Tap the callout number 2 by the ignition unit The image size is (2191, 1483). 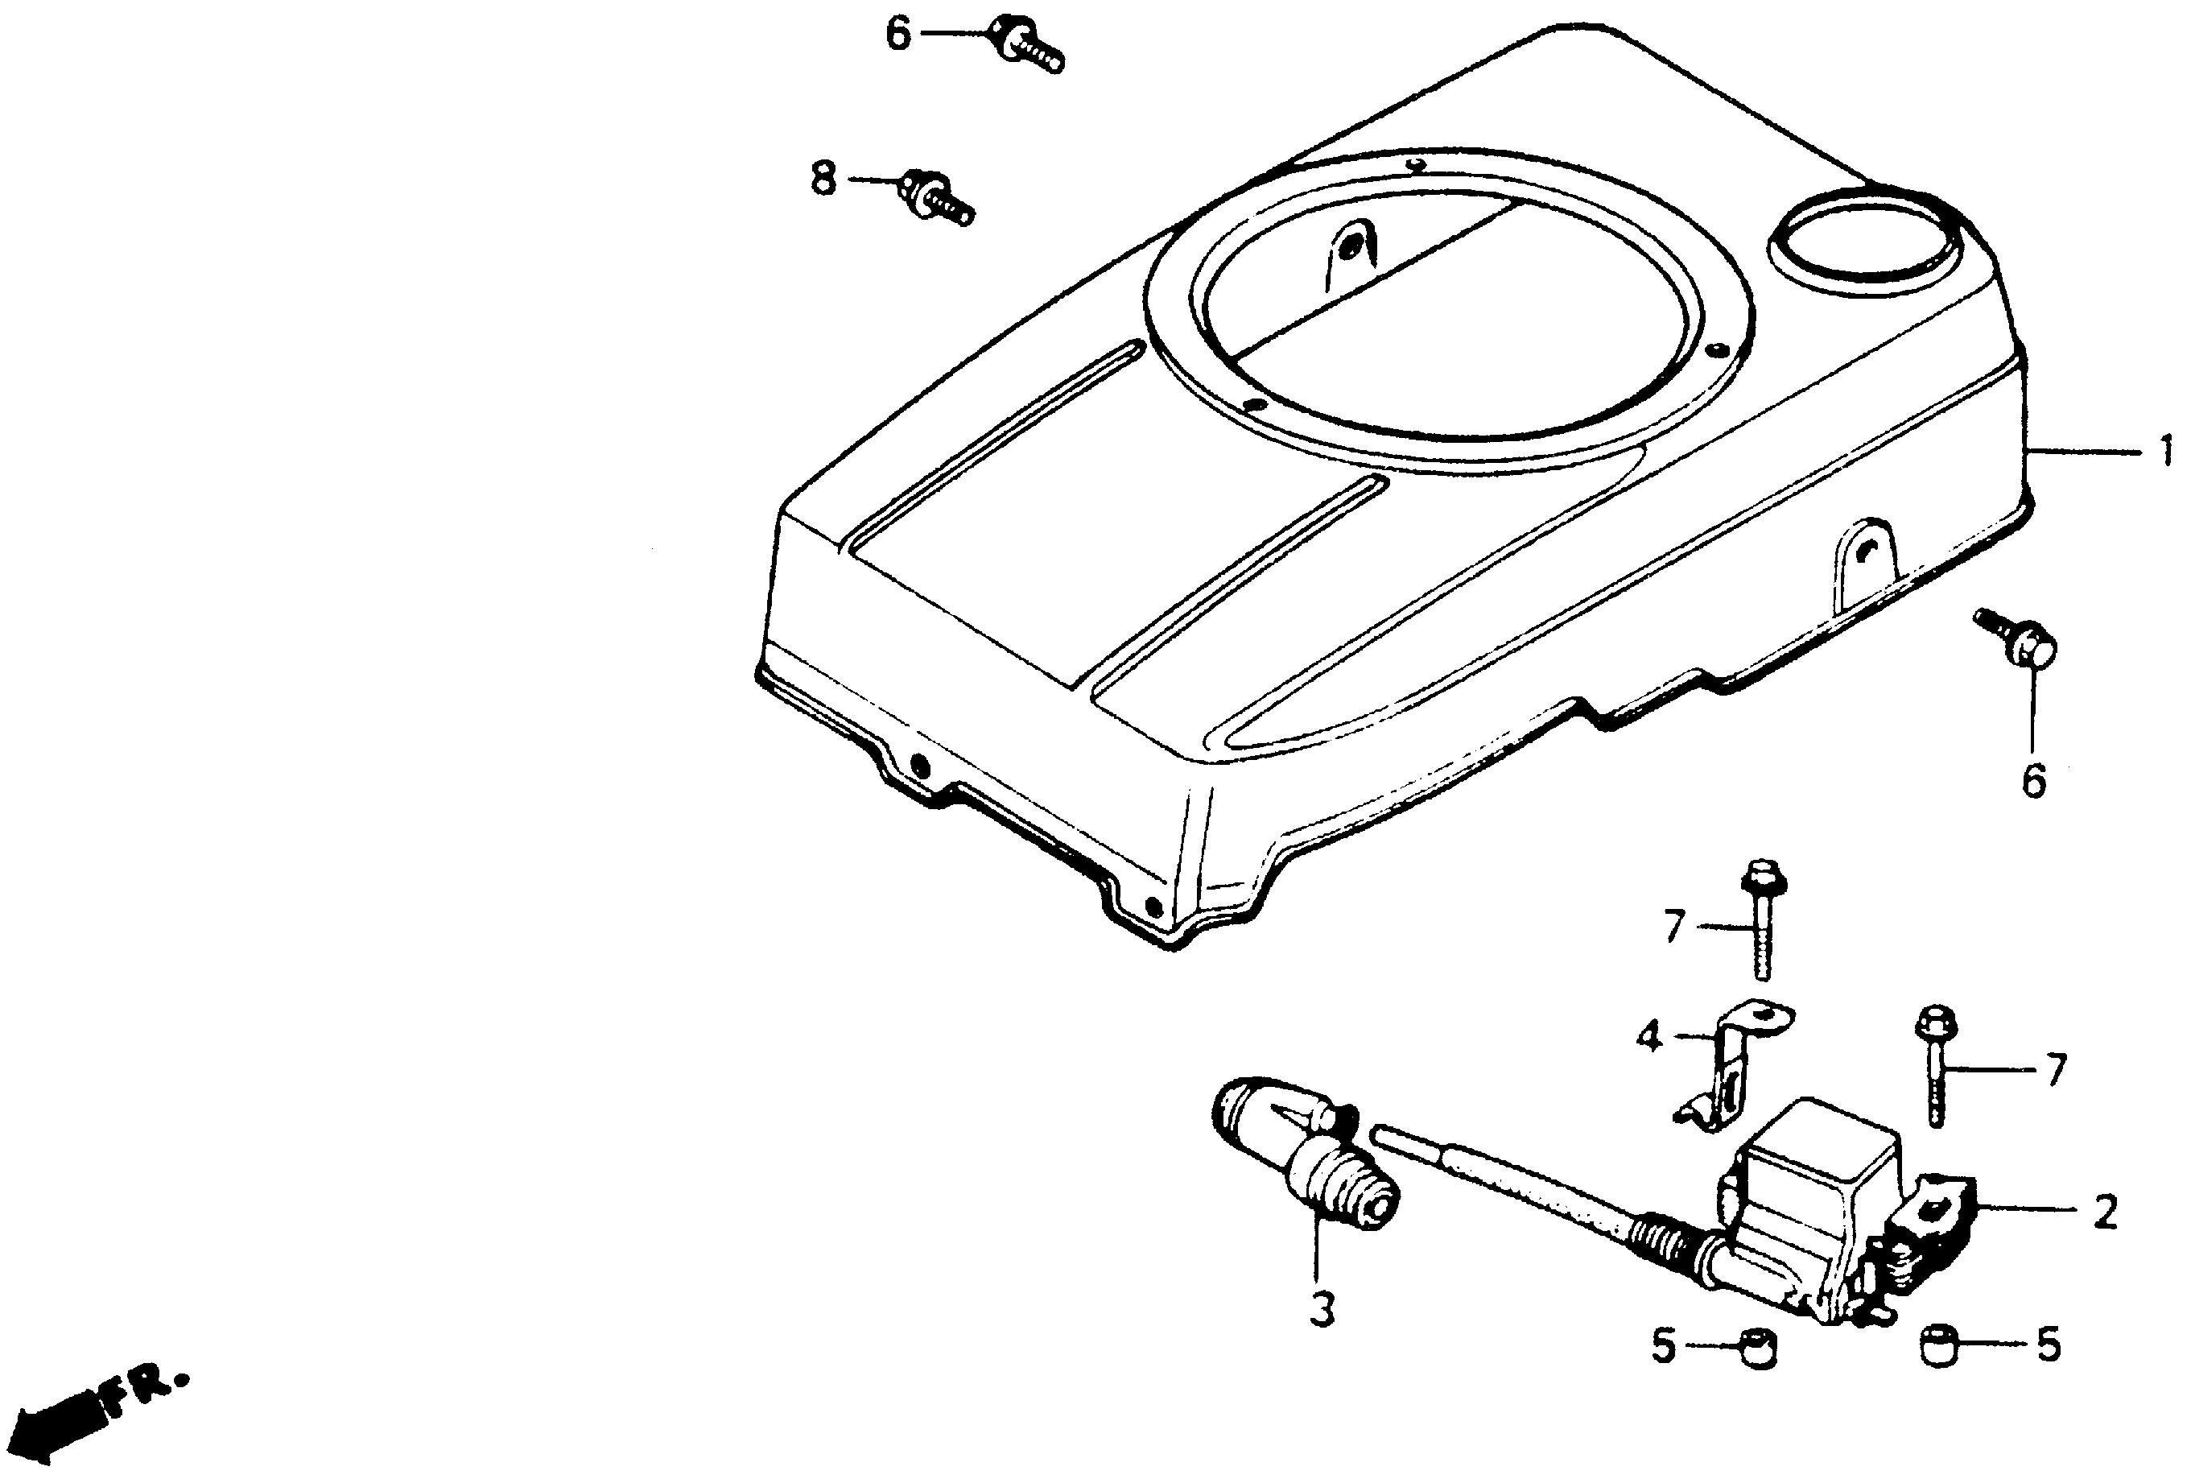tap(2104, 1212)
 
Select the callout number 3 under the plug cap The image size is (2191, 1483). tap(1322, 1310)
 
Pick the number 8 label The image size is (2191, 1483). tap(824, 177)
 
